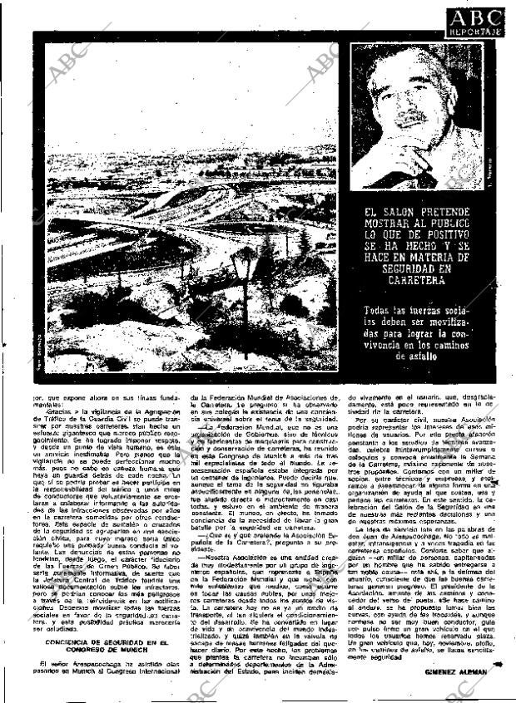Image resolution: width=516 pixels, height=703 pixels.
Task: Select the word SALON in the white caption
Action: pos(404,214)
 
